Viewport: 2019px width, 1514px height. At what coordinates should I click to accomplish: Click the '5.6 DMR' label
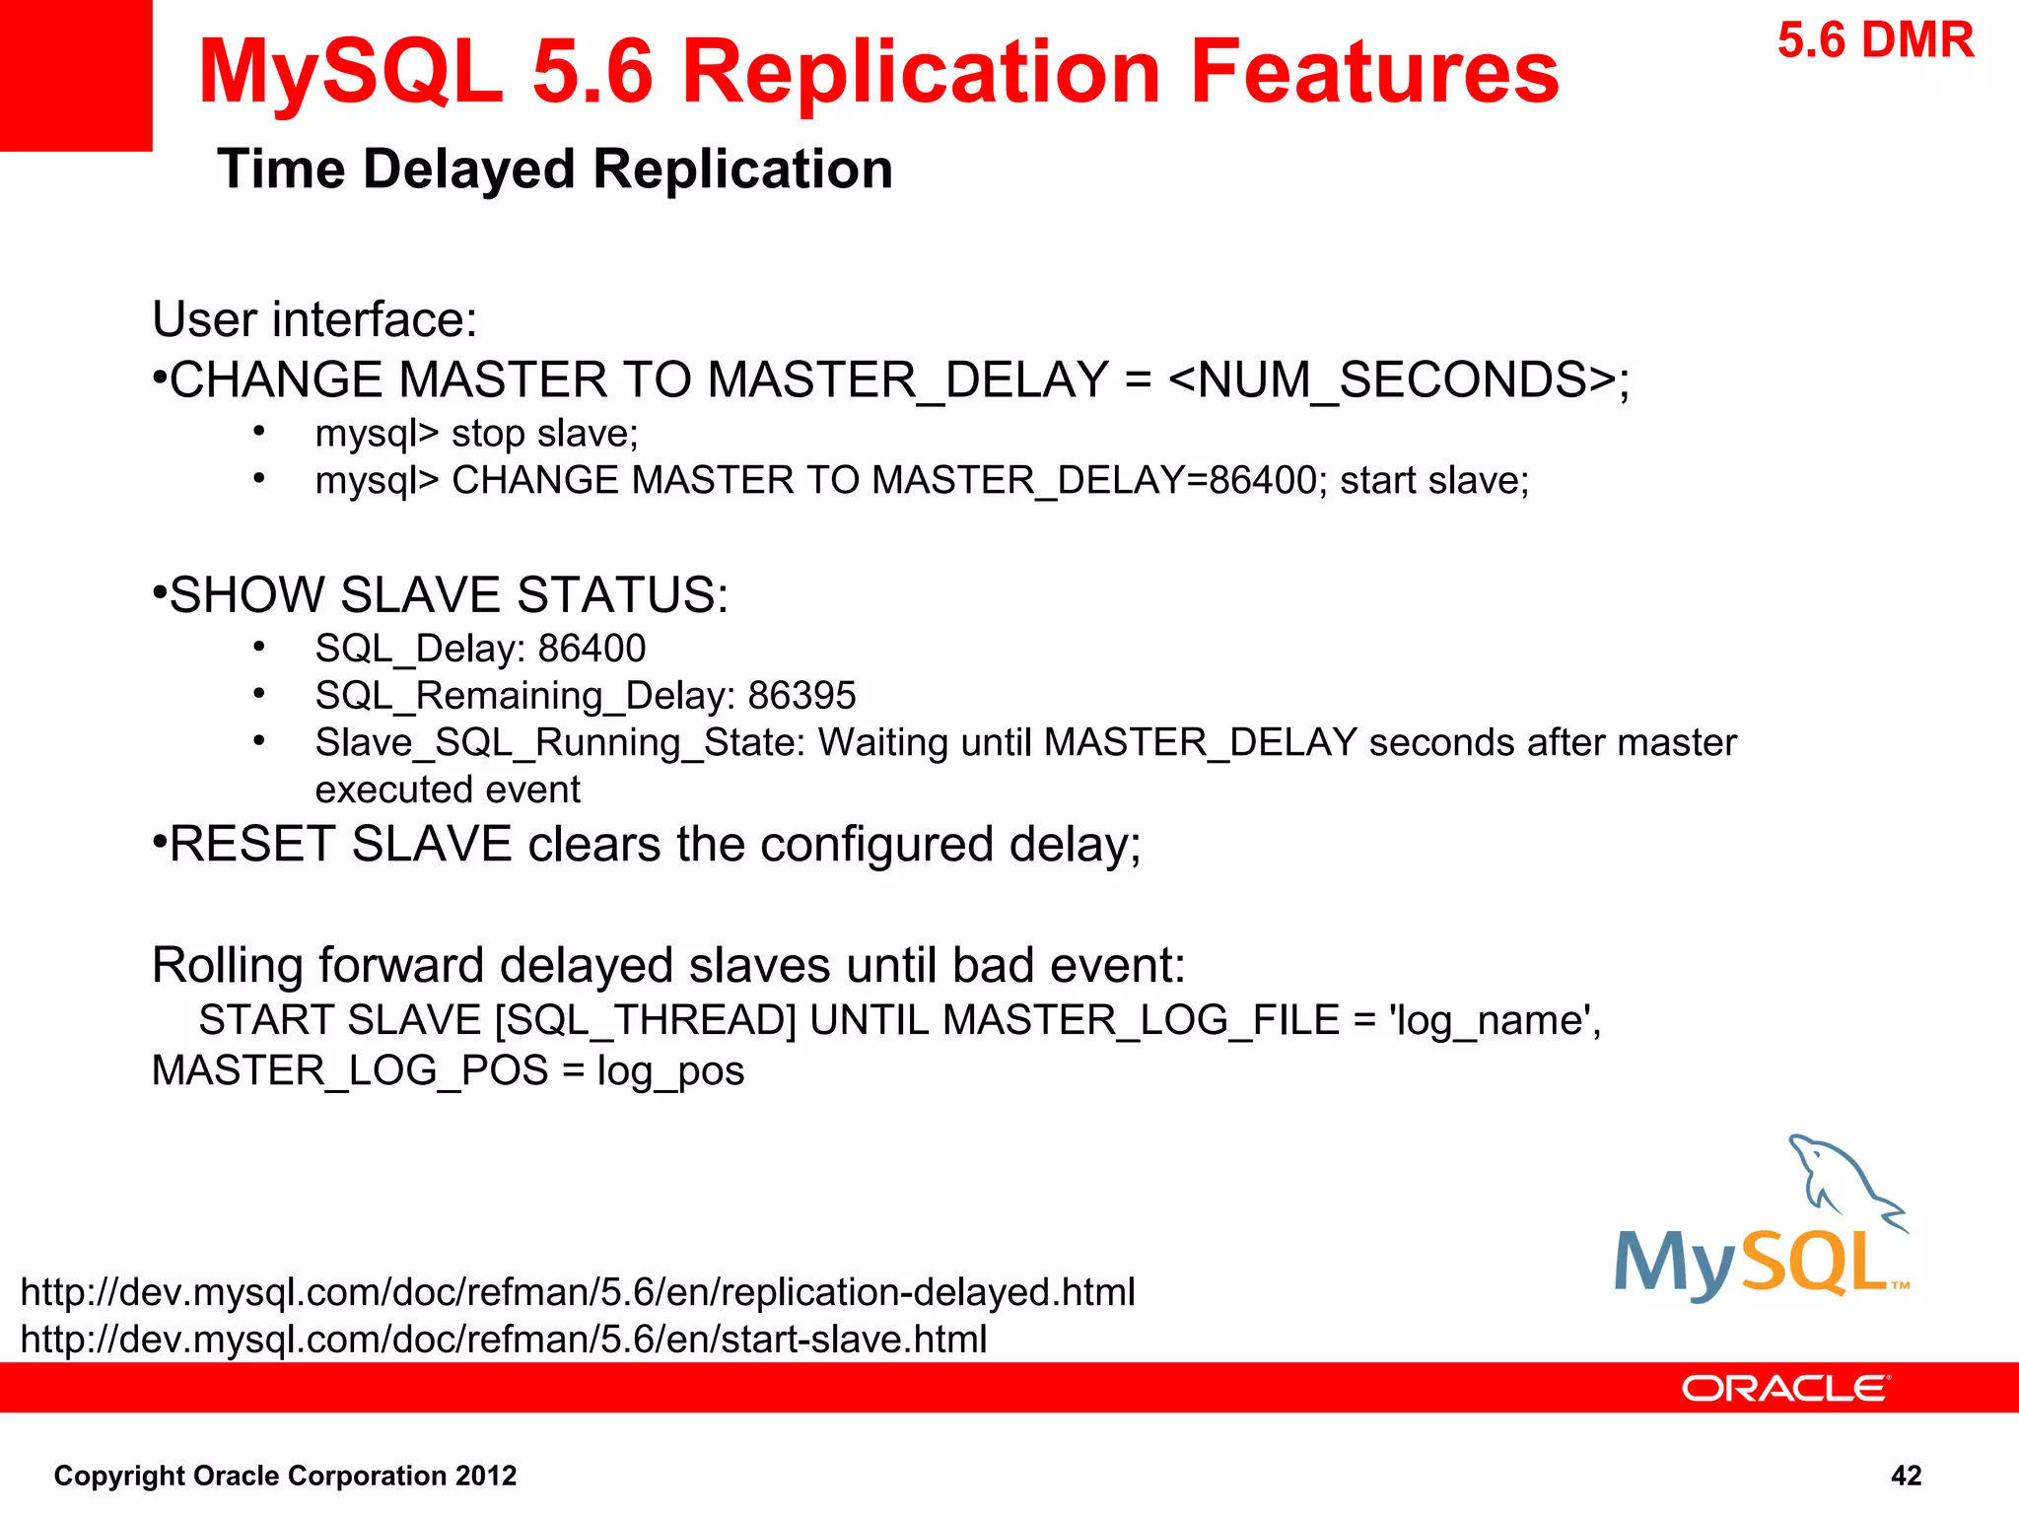[1875, 41]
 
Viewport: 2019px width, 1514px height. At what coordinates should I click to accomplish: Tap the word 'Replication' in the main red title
[922, 72]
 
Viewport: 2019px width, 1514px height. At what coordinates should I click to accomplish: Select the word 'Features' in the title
[1374, 72]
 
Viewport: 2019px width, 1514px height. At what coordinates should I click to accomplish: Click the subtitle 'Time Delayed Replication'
[555, 169]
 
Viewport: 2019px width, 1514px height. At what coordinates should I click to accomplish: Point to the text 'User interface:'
[314, 319]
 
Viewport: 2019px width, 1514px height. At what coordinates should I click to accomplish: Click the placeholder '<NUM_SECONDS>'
[1391, 379]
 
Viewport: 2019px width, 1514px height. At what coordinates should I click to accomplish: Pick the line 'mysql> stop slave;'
[477, 434]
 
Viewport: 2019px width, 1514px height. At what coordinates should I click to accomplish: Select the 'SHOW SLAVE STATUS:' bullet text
[449, 595]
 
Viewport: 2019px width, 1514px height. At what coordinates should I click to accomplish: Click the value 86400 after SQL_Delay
[592, 649]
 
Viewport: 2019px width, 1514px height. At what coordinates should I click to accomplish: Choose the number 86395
[801, 696]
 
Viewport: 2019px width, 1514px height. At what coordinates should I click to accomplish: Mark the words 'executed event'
[448, 790]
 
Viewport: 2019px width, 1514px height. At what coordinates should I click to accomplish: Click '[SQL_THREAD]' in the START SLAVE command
[645, 1020]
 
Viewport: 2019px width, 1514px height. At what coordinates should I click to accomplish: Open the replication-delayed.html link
[578, 1292]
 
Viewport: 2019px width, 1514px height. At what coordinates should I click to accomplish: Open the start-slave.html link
[504, 1340]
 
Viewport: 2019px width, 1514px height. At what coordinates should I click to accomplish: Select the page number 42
[1906, 1476]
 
